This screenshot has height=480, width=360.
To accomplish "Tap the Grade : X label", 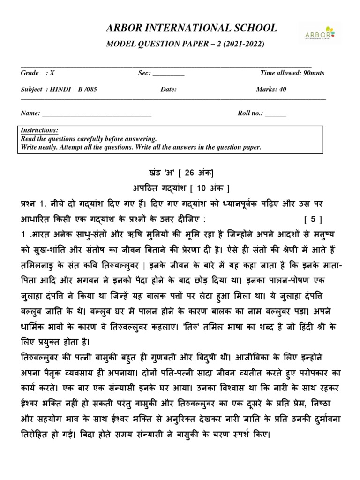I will point(37,73).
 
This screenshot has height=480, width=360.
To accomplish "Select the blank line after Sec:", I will point(169,75).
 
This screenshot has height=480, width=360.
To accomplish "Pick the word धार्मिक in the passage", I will point(36,327).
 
